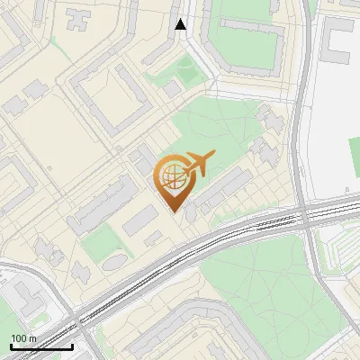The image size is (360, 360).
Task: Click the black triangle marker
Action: click(181, 24)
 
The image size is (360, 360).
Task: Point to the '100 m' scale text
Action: click(23, 338)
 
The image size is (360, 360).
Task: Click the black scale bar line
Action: click(40, 346)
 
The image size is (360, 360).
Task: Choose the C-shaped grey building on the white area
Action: click(338, 40)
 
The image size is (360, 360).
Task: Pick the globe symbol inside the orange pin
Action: click(172, 175)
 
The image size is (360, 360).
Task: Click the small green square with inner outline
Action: click(187, 68)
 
